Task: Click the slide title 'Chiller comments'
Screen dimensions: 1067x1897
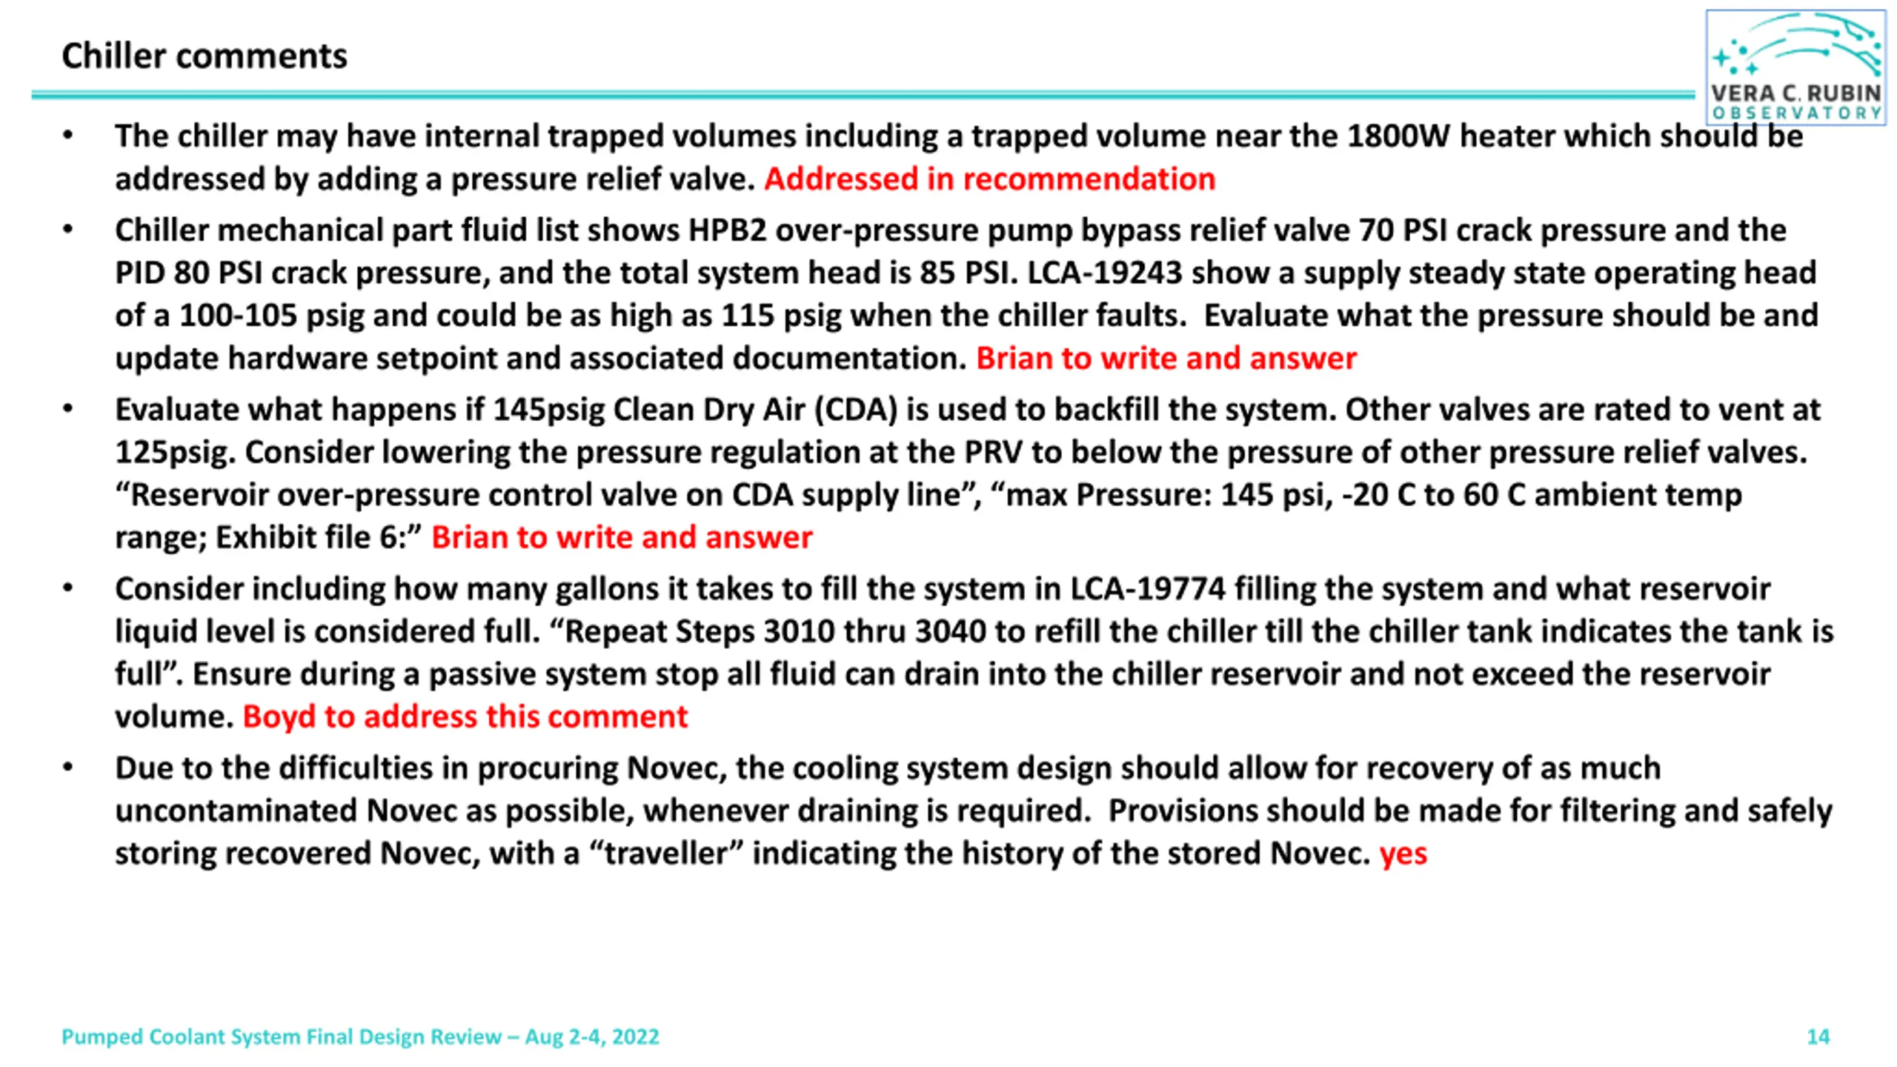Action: pyautogui.click(x=204, y=56)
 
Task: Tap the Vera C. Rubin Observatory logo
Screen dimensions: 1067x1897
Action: pyautogui.click(x=1795, y=67)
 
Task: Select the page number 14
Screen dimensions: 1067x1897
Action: pyautogui.click(x=1818, y=1037)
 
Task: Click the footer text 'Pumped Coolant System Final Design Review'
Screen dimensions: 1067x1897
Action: pyautogui.click(x=282, y=1037)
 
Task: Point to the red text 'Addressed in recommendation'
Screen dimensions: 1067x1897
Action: pyautogui.click(x=989, y=179)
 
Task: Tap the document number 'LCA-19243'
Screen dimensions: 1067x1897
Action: pyautogui.click(x=1104, y=273)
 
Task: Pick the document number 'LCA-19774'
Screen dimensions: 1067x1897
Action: pyautogui.click(x=1148, y=589)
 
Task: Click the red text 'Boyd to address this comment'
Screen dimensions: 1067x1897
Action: pyautogui.click(x=465, y=717)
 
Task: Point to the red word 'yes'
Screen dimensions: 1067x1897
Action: pyautogui.click(x=1403, y=854)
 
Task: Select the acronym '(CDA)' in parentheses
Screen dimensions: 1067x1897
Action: pyautogui.click(x=856, y=410)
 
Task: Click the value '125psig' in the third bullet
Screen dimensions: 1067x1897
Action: pyautogui.click(x=175, y=453)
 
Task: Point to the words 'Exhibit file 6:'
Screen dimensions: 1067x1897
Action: pyautogui.click(x=319, y=538)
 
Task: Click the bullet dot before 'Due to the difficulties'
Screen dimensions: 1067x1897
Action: pyautogui.click(x=68, y=768)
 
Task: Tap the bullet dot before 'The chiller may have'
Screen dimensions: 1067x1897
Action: pyautogui.click(x=68, y=136)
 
